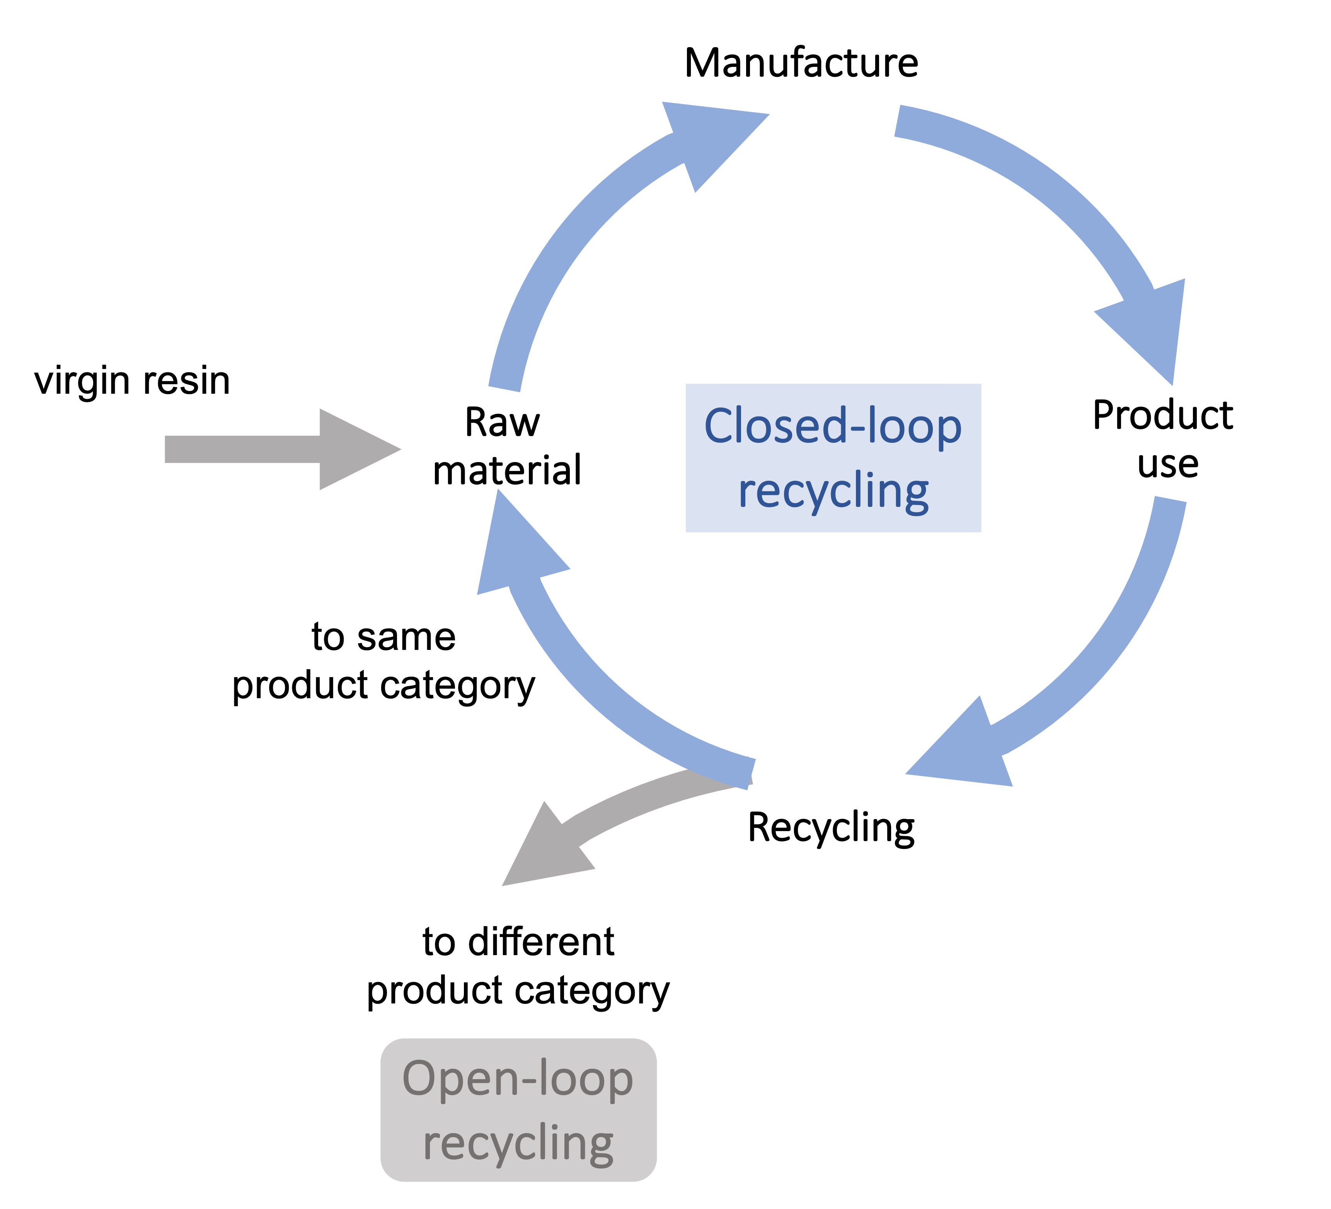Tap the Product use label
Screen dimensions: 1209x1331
coord(1163,439)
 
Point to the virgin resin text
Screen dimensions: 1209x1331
coord(132,381)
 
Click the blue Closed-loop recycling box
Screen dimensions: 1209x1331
coord(833,458)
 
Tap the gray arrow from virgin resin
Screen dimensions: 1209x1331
coord(277,449)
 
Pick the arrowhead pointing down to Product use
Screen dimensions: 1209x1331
coord(1149,330)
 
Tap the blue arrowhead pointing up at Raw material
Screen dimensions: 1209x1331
coord(515,548)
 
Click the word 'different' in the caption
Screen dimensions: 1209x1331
coord(541,942)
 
